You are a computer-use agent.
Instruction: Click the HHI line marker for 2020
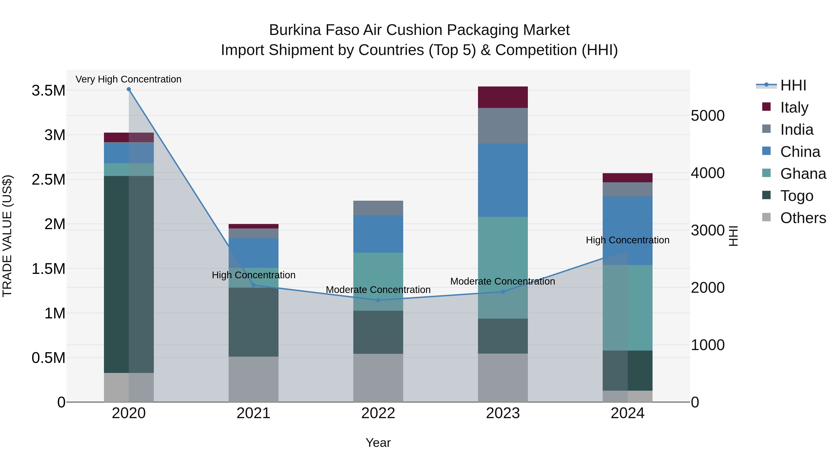[129, 89]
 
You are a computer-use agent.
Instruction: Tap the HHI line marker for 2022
[378, 300]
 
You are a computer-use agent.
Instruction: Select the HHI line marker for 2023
[503, 292]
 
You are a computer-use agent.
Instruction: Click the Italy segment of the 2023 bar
[503, 97]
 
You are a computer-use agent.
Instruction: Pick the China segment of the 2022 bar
[378, 234]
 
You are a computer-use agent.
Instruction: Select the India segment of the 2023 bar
[503, 126]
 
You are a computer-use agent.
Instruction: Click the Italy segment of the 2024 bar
[627, 178]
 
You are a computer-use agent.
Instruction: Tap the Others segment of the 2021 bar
[253, 379]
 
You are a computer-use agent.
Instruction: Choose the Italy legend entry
[794, 107]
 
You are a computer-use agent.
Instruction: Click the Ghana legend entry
[803, 174]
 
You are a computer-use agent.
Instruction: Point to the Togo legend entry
[796, 196]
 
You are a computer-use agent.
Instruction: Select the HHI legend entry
[793, 85]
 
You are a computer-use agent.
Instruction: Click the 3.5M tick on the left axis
[48, 91]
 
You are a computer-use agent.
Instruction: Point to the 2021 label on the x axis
[253, 413]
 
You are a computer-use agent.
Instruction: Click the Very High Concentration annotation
[128, 79]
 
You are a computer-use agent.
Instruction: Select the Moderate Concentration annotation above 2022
[378, 289]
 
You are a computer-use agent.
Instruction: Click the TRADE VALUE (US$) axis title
[7, 236]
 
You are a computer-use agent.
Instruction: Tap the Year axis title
[378, 443]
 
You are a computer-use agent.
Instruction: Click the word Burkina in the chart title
[295, 30]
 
